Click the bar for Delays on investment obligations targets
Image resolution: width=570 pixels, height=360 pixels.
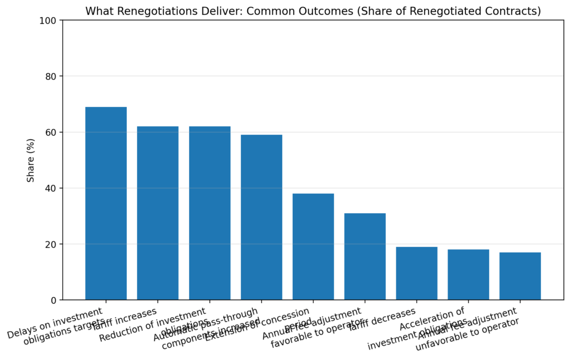point(106,203)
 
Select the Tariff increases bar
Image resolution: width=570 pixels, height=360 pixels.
point(158,213)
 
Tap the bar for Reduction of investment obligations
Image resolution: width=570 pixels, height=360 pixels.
point(209,213)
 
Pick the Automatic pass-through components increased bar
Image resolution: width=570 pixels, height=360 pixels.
point(261,217)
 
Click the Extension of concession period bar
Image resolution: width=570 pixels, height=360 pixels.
point(313,246)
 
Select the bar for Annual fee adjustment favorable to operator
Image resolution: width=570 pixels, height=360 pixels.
point(365,257)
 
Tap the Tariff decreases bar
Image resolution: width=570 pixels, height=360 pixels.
point(416,273)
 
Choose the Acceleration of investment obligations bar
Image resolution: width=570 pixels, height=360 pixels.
point(468,274)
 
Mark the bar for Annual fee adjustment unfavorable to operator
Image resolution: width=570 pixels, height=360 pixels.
point(520,276)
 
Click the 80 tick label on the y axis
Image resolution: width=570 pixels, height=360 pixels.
point(51,76)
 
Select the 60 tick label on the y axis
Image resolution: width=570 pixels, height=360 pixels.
point(51,132)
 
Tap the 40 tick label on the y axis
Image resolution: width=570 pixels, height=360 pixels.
point(51,188)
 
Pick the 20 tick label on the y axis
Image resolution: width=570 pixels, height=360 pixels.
point(51,244)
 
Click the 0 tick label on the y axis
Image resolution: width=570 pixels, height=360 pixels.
point(53,300)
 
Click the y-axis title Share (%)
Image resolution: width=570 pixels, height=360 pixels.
point(31,160)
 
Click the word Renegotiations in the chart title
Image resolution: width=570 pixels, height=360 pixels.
point(146,11)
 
